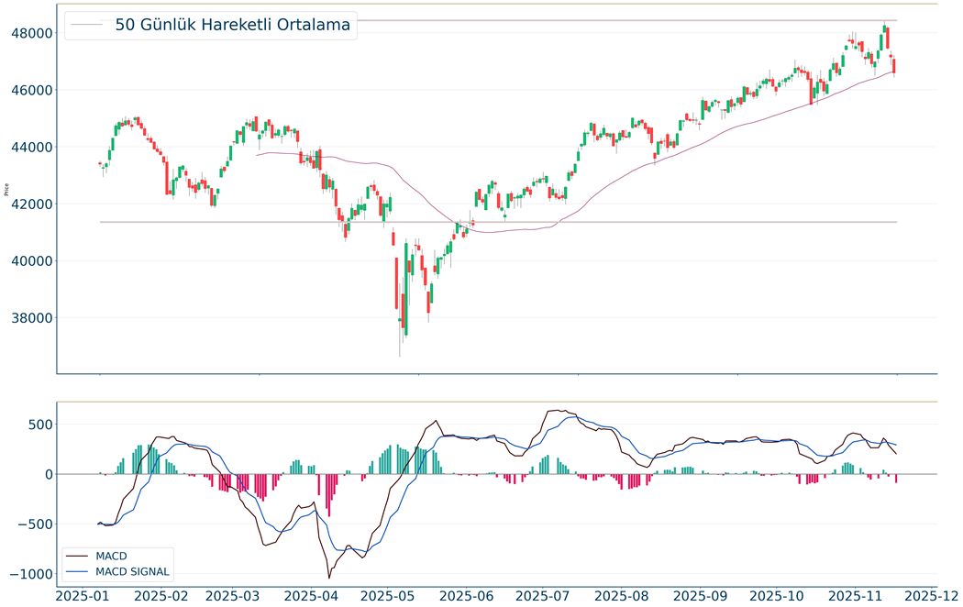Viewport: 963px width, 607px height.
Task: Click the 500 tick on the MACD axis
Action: point(38,425)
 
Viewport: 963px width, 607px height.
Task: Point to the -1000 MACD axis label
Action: point(30,574)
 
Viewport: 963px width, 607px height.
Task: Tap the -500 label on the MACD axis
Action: point(34,524)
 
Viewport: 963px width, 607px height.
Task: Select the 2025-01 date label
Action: point(83,595)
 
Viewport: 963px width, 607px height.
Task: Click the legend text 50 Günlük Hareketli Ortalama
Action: point(233,26)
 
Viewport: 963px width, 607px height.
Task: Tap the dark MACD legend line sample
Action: point(77,557)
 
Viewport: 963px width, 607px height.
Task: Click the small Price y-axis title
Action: point(7,190)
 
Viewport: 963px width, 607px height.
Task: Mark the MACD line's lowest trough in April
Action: point(328,578)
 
